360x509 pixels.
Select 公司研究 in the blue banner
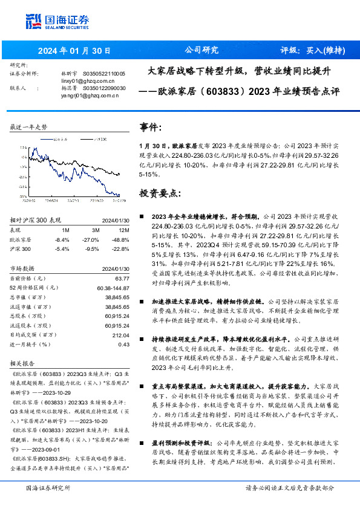pos(201,51)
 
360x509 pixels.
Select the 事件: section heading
pos(151,128)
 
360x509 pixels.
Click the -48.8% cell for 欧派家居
pos(121,240)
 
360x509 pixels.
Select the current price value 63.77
pos(122,278)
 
